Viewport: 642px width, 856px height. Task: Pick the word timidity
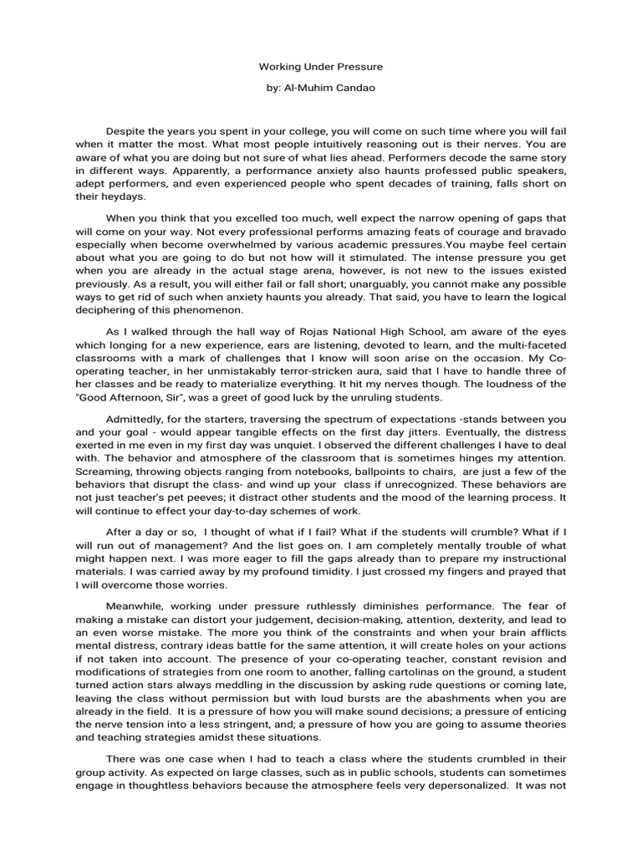[332, 572]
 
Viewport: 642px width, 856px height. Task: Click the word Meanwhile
[138, 605]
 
